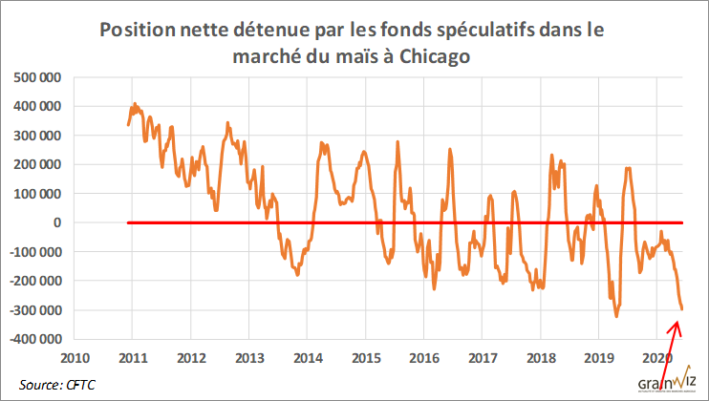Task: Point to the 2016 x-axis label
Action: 423,359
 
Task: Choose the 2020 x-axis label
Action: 657,359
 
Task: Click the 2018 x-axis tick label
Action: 541,359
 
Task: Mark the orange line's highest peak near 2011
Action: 135,103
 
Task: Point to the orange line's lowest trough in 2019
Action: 616,316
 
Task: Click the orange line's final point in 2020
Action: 682,308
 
